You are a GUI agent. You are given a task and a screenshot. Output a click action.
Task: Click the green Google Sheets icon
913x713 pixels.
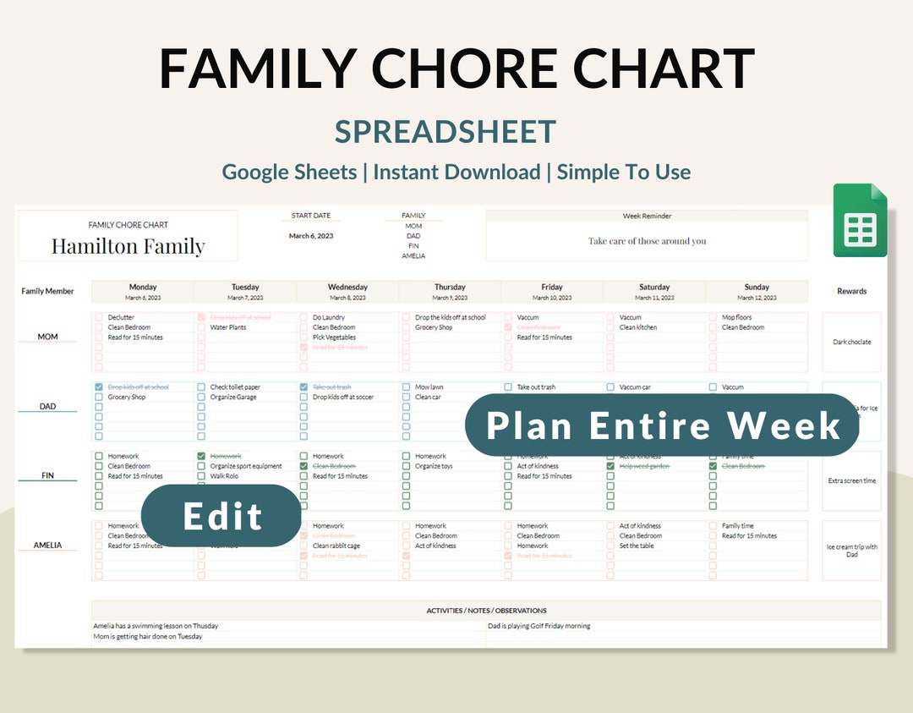860,221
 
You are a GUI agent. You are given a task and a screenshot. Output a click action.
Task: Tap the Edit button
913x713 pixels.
221,516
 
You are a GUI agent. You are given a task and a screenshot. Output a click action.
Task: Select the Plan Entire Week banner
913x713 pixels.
663,425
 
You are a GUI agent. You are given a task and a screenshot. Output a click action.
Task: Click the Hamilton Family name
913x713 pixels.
128,246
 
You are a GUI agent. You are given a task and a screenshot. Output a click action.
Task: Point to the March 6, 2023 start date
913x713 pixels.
311,236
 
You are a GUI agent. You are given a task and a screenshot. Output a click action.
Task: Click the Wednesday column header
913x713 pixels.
347,288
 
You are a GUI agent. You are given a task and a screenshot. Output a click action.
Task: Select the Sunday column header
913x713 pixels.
757,288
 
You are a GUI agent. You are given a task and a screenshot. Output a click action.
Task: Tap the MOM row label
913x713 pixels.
47,337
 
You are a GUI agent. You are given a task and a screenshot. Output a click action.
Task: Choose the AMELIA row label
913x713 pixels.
47,546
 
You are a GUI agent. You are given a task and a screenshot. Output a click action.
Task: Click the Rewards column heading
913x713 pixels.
851,291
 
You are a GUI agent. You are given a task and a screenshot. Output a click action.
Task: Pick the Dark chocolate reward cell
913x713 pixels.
851,343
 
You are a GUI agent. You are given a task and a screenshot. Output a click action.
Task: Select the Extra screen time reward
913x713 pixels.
851,481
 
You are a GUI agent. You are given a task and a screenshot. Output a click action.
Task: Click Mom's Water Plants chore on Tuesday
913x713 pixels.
227,327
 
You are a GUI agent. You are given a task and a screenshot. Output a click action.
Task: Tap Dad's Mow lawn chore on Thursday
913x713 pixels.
429,387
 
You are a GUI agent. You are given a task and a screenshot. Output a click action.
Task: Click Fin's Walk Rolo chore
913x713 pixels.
225,476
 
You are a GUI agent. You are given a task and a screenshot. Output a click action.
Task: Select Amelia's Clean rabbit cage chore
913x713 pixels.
336,546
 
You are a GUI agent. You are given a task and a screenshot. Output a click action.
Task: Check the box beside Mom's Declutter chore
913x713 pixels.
99,318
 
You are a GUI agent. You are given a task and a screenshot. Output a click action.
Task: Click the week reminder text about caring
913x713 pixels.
647,241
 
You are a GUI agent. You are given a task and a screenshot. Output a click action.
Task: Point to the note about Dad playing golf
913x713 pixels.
539,627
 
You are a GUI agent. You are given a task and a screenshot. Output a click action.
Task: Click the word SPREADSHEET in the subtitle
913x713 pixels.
446,132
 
